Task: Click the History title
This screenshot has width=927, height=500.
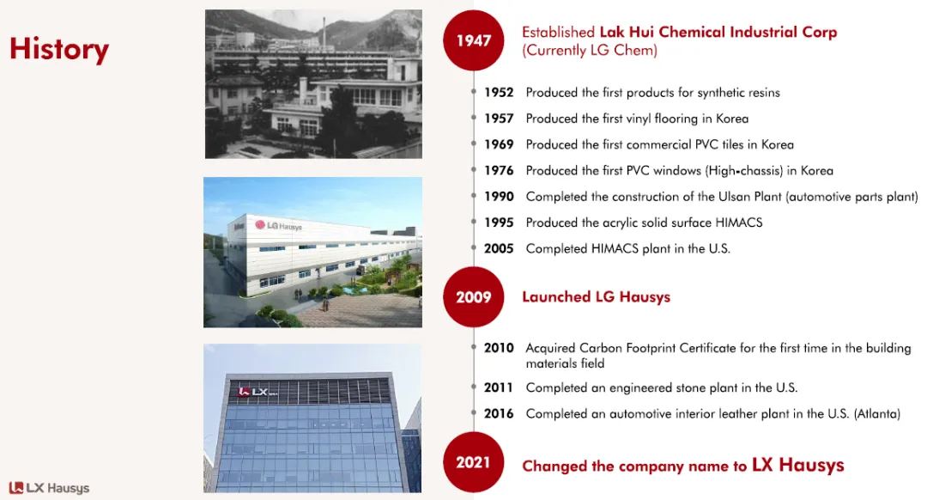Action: [x=59, y=49]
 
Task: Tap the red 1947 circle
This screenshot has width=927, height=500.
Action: [x=474, y=40]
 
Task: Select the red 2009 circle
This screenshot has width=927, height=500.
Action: [x=474, y=296]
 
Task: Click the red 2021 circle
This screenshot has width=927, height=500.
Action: [x=474, y=462]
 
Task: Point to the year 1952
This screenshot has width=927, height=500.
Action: [x=499, y=92]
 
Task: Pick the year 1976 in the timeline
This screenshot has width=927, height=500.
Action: [x=499, y=170]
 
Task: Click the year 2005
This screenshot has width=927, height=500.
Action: [x=499, y=248]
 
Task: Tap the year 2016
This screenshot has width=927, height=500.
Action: [x=499, y=413]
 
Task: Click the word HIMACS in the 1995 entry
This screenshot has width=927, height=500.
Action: [x=739, y=223]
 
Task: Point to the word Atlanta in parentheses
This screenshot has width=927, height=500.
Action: [x=877, y=413]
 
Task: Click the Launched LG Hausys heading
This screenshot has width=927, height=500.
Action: [x=596, y=297]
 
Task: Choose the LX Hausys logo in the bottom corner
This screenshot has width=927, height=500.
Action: [x=49, y=488]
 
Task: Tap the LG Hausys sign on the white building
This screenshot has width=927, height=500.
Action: [x=278, y=225]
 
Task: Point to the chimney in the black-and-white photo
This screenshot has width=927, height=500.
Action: [x=324, y=34]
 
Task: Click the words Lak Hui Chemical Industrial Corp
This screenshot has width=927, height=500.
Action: [x=718, y=32]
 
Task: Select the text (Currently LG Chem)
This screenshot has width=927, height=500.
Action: [x=590, y=51]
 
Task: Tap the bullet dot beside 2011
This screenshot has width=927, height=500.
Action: [x=474, y=387]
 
